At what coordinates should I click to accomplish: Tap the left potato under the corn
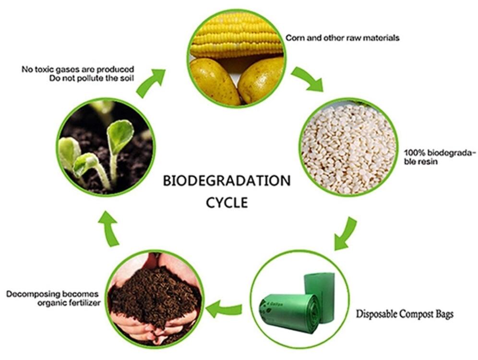point(214,81)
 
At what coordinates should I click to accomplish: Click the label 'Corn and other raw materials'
point(342,38)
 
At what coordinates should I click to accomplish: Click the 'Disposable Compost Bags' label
point(405,313)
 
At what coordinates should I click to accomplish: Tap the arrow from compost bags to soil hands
point(224,309)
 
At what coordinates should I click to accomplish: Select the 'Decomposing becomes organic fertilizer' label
point(53,299)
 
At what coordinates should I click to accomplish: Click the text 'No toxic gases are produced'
point(78,69)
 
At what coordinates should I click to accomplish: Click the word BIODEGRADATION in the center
point(227,181)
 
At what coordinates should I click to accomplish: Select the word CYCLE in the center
point(227,203)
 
